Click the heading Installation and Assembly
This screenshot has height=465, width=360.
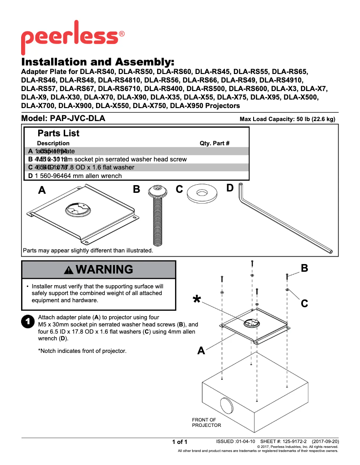coord(97,62)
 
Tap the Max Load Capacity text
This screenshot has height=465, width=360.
coord(287,119)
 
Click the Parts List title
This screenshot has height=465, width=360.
coord(58,133)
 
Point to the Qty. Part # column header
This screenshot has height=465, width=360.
coord(215,143)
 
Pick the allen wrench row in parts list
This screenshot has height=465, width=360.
coord(75,176)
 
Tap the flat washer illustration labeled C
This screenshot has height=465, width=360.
coord(202,193)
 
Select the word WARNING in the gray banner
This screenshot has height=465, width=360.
coord(104,269)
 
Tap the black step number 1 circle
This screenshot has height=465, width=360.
coord(28,321)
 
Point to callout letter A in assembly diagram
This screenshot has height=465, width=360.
coord(202,351)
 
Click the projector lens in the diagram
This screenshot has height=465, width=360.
coord(227,405)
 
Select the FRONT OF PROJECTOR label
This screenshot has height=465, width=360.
coord(206,422)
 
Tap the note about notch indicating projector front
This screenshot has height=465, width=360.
coord(82,351)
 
